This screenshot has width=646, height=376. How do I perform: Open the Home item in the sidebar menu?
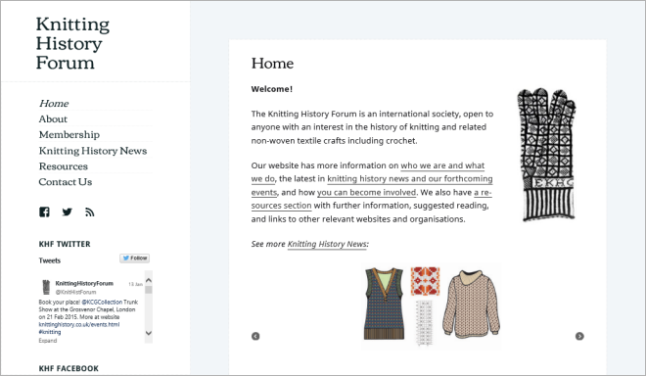pos(54,104)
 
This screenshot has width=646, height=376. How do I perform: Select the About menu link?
pos(54,119)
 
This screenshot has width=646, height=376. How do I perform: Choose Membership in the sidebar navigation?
pos(69,135)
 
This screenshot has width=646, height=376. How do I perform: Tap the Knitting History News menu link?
pos(93,151)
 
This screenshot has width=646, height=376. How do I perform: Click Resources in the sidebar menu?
pos(64,166)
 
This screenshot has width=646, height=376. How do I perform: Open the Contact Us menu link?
pos(66,182)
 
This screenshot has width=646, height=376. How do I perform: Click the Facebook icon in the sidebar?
pos(44,211)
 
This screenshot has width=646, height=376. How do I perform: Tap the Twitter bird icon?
pos(67,211)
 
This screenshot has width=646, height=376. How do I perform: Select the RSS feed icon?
pos(89,211)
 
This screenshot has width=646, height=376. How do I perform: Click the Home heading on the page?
pos(272,64)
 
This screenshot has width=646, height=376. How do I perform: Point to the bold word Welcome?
pos(271,89)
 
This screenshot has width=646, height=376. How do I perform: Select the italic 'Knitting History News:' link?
pos(328,244)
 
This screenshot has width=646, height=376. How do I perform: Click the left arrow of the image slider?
pos(255,336)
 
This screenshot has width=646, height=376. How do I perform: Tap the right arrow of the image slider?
pos(579,336)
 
